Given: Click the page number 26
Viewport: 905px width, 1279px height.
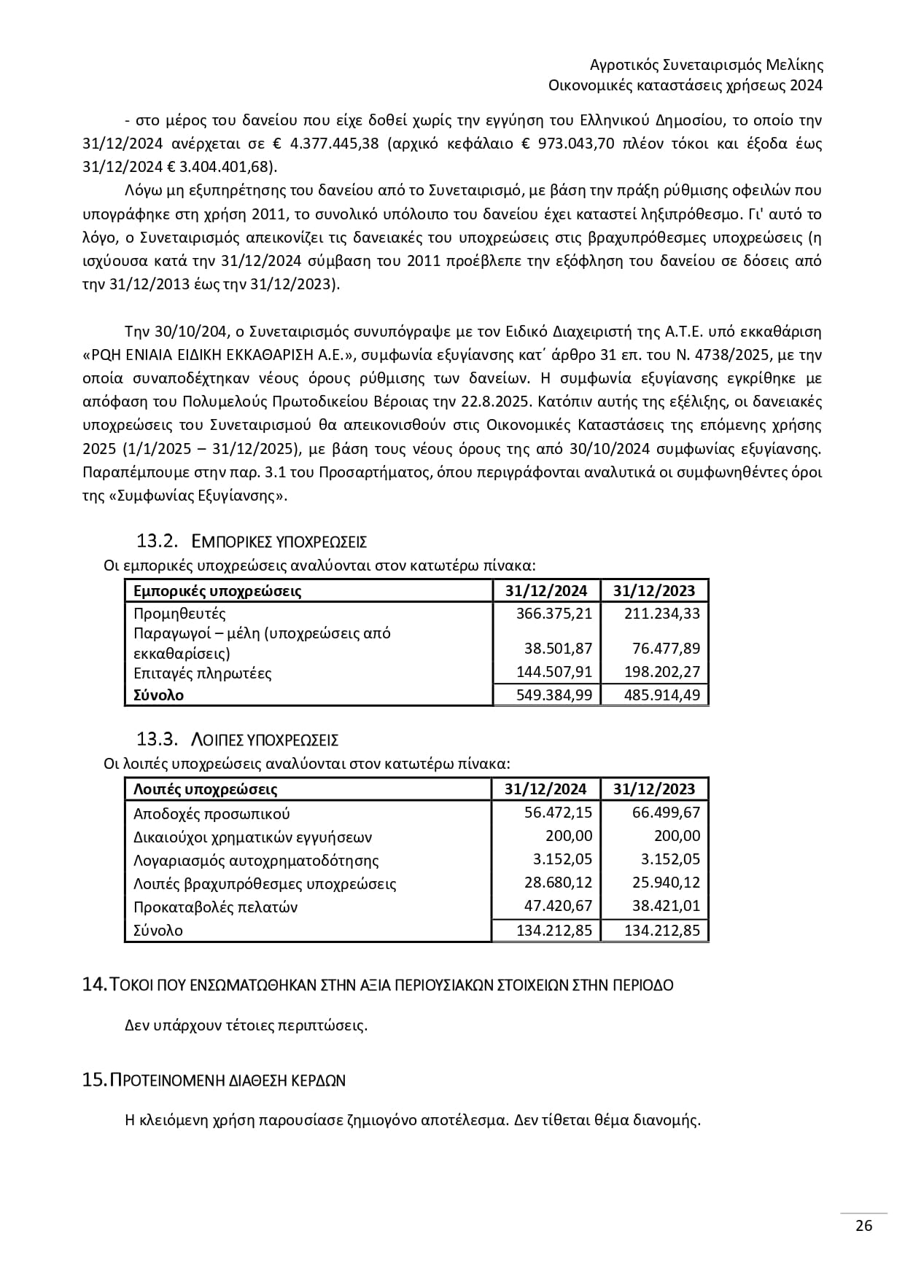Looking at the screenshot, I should tap(863, 1225).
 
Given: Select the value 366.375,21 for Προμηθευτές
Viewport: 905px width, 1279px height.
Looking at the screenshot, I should tap(554, 614).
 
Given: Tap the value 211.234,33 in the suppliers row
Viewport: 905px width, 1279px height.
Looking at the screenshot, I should tap(662, 614).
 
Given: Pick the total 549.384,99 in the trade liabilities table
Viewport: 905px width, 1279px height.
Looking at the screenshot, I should tap(554, 695).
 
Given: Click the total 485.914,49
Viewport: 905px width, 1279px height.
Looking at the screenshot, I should tap(662, 695).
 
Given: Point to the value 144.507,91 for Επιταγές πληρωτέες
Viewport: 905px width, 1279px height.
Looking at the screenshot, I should tap(554, 672).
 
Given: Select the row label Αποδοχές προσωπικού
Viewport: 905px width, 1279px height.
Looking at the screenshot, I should tap(211, 814).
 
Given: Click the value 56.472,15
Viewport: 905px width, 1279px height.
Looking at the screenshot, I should tap(558, 813).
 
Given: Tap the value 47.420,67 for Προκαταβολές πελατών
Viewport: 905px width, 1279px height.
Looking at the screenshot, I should tap(558, 906).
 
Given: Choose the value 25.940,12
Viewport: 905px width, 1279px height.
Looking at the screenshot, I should tap(666, 883).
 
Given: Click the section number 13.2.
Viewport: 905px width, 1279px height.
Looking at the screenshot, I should tap(158, 541).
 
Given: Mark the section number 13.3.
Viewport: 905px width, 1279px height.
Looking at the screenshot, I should tap(158, 740).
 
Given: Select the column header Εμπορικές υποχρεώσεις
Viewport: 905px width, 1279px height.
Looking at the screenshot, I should tap(217, 591).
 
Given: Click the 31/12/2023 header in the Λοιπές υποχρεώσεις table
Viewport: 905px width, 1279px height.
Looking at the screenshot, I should tap(654, 789).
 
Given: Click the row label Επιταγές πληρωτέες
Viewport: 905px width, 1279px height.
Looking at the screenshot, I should tap(202, 673).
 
